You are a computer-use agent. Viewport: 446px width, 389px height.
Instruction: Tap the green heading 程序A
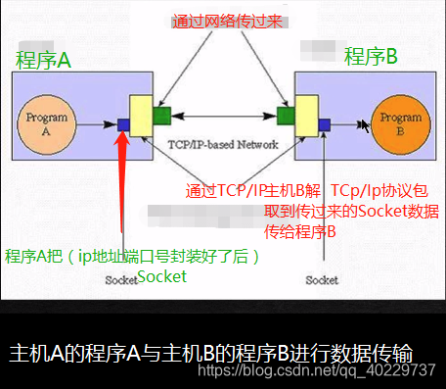(44, 60)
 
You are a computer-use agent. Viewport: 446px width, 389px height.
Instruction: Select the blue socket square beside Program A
(124, 124)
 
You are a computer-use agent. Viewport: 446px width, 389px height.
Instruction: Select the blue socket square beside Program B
(324, 123)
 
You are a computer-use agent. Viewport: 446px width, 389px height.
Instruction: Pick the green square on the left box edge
(161, 115)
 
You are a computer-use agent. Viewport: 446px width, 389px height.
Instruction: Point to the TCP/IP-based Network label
(223, 144)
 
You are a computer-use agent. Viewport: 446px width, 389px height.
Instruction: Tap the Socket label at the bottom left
(121, 280)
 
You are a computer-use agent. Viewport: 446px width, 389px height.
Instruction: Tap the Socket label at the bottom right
(322, 280)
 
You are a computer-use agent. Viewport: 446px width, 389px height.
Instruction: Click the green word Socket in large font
(161, 277)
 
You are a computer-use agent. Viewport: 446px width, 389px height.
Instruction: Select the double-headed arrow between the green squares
(224, 117)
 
